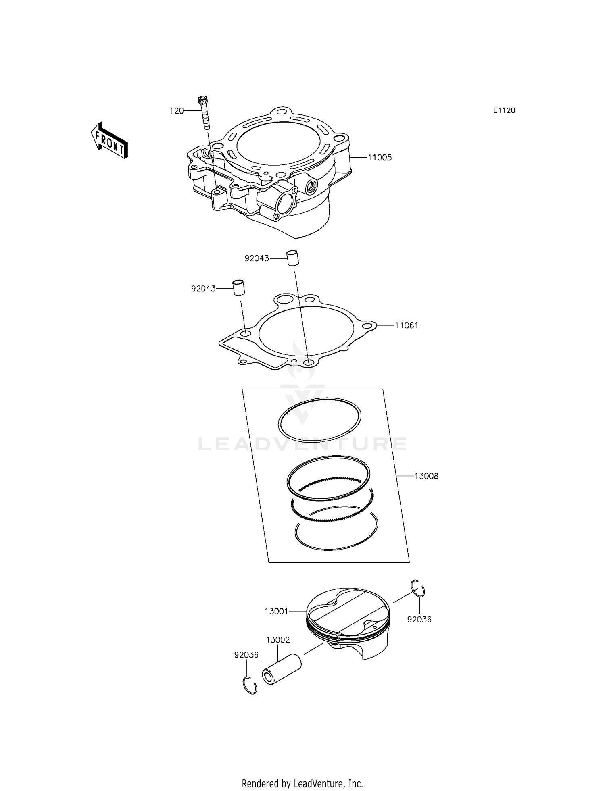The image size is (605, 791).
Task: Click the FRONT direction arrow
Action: (109, 140)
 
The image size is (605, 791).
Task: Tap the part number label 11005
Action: (380, 158)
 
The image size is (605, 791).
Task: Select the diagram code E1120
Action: (504, 110)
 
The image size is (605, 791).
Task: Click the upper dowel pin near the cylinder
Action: (293, 258)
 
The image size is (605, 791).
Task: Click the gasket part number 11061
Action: (406, 325)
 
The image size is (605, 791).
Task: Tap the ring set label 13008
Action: (426, 476)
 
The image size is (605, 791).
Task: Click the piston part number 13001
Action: (276, 612)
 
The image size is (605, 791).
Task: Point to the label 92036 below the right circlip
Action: (419, 620)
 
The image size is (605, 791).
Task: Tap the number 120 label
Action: (177, 111)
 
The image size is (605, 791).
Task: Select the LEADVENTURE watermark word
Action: (302, 444)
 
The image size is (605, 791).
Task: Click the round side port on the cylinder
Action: (312, 186)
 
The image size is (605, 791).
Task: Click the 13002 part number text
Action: (277, 640)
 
